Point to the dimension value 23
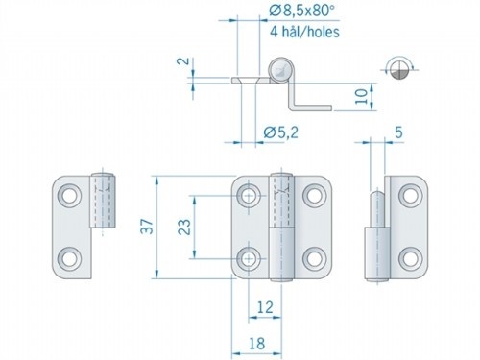coord(182,228)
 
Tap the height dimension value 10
coord(382,96)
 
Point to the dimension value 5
coord(397,135)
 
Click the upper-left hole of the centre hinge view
coord(250,197)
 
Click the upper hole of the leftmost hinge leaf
coord(70,197)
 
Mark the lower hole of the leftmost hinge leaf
coord(70,258)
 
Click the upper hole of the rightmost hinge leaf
coord(408,196)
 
